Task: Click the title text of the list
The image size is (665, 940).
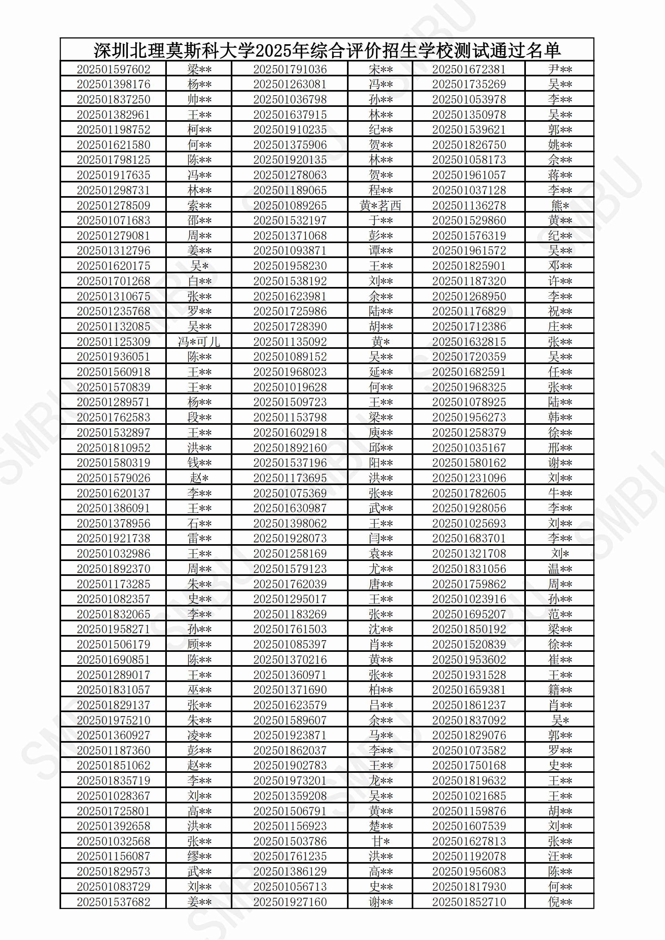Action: click(327, 50)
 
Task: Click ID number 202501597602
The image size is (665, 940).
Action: click(113, 69)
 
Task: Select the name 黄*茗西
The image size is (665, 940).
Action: click(380, 205)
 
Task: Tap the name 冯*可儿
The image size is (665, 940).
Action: click(199, 342)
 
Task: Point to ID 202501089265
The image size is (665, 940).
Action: click(290, 205)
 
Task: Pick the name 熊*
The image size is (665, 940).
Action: click(560, 205)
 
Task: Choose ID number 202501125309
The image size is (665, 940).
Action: click(113, 342)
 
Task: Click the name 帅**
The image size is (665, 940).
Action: click(199, 100)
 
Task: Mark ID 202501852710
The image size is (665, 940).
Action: click(469, 902)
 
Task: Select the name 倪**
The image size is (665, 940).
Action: click(560, 902)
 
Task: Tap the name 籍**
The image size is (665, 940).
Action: click(560, 690)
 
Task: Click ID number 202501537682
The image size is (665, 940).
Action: click(113, 902)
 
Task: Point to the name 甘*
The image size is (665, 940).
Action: click(380, 841)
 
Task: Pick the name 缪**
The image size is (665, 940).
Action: click(199, 856)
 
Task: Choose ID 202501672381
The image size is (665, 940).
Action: click(469, 69)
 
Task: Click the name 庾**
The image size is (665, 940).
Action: click(380, 433)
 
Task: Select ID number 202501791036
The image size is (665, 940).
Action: click(290, 69)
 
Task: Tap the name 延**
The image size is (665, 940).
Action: click(380, 372)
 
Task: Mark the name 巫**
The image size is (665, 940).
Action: click(199, 690)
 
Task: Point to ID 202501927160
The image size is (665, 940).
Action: click(290, 902)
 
